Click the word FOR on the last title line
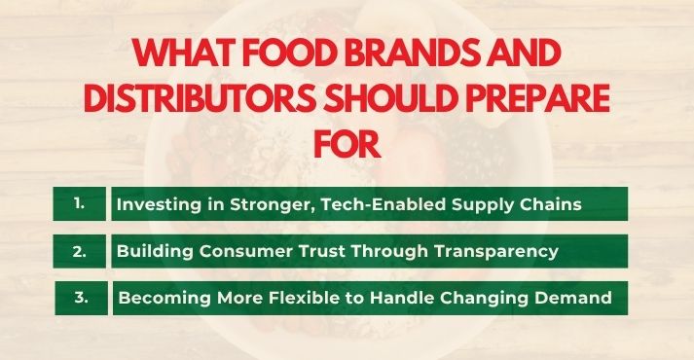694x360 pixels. click(347, 145)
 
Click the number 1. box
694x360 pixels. click(79, 204)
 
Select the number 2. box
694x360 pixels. click(79, 251)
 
